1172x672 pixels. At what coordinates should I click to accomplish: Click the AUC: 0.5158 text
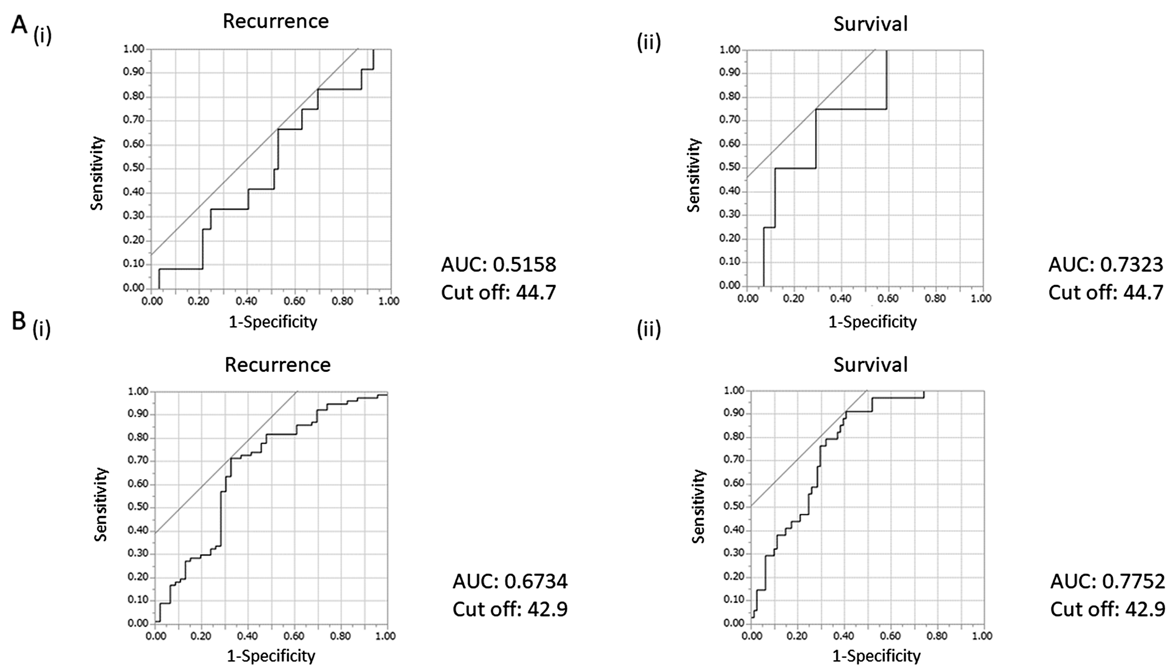[498, 264]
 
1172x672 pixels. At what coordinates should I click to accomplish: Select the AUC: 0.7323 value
[1105, 264]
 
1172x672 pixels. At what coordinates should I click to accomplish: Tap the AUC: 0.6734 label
[510, 581]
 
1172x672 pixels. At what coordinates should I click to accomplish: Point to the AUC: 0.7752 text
[1107, 581]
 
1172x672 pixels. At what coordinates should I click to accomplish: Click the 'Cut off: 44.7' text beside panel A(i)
[498, 292]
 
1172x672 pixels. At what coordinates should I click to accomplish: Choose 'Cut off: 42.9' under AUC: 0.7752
[1107, 609]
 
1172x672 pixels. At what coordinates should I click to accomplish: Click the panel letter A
[20, 26]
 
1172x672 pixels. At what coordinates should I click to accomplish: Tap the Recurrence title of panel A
[275, 22]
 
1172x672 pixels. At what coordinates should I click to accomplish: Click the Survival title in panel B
[870, 365]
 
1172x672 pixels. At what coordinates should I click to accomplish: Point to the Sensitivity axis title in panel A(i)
[97, 173]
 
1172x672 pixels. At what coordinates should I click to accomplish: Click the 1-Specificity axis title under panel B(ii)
[876, 655]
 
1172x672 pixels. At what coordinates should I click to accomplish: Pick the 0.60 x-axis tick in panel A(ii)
[888, 298]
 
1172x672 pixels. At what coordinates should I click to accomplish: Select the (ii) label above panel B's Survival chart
[649, 330]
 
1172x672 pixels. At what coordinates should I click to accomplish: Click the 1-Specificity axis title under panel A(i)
[271, 321]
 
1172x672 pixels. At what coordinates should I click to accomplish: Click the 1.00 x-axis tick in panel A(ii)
[981, 298]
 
